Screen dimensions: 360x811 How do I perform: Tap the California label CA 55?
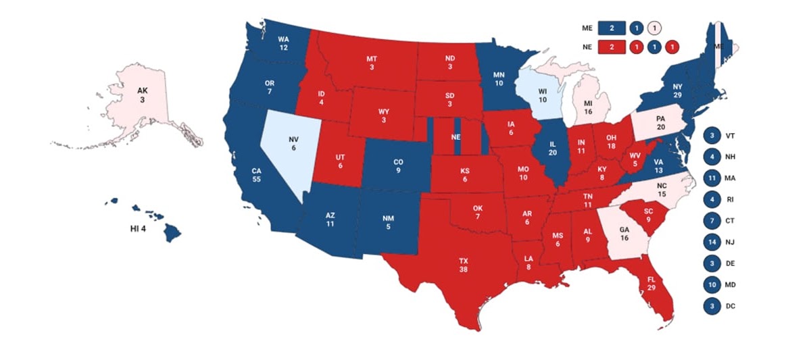257,176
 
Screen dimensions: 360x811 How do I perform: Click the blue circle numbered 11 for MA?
712,178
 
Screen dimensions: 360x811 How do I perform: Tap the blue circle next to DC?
712,305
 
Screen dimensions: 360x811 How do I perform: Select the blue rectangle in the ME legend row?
611,28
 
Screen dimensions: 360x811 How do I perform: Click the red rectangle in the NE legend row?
611,47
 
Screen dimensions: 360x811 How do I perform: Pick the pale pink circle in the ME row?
654,28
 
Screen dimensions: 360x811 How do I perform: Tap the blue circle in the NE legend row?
654,47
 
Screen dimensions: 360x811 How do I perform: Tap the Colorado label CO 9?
398,166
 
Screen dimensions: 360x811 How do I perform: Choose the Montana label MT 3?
372,63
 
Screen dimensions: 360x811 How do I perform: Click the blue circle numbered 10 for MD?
712,284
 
